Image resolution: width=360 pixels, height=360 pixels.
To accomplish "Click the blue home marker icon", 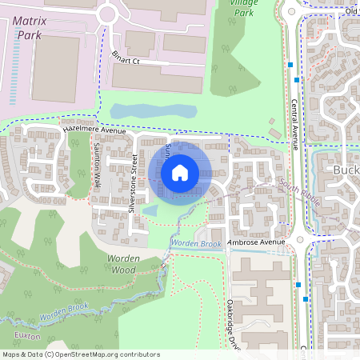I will (179, 172).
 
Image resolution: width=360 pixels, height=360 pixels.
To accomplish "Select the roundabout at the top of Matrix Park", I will (107, 14).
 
